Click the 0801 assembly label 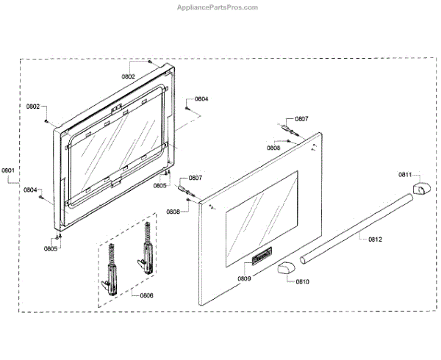[8, 171]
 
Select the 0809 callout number [244, 278]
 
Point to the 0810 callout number [302, 281]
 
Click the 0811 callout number [406, 174]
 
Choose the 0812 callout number [375, 239]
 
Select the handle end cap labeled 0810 [285, 268]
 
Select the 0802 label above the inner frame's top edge [129, 76]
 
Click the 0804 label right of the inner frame [201, 98]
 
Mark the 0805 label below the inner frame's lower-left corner [50, 249]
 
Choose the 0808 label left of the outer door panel [173, 212]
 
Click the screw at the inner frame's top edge [149, 62]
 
